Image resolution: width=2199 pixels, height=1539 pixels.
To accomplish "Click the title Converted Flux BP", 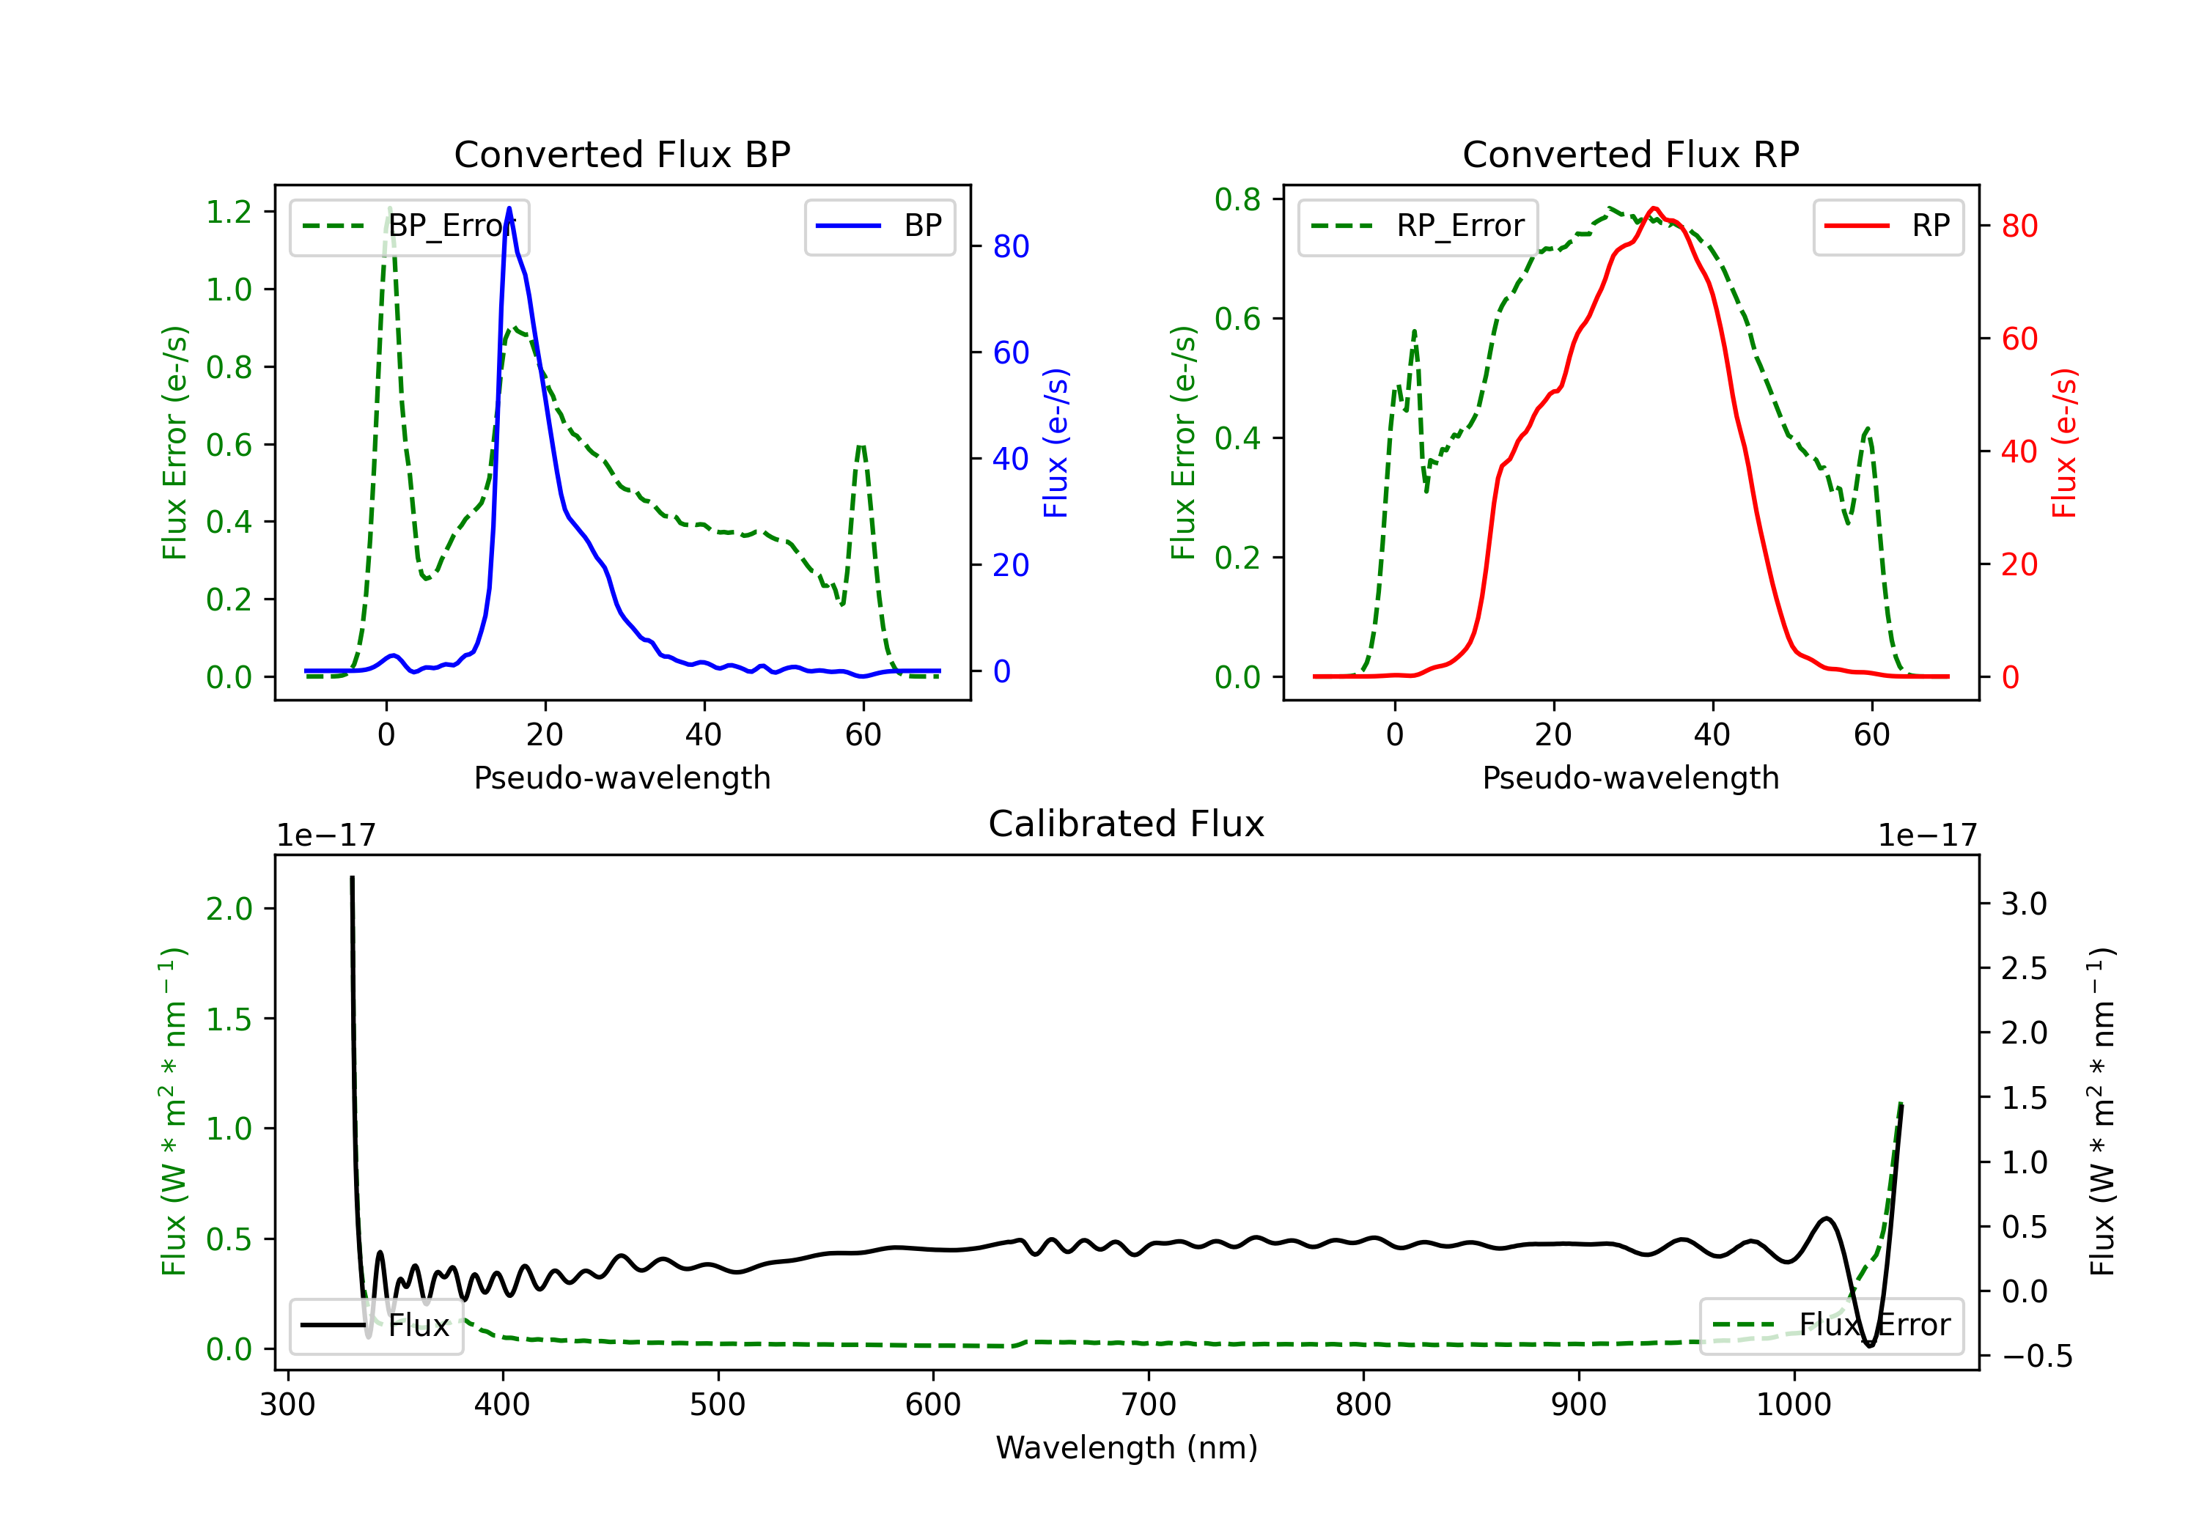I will point(622,154).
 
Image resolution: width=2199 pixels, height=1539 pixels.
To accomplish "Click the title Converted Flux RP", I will point(1630,154).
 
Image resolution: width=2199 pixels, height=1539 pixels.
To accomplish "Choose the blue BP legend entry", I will point(879,226).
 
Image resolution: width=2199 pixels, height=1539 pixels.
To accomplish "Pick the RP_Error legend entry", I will point(1418,226).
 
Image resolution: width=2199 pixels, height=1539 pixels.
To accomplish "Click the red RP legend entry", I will point(1887,226).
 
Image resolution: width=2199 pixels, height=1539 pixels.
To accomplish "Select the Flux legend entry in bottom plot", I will point(377,1326).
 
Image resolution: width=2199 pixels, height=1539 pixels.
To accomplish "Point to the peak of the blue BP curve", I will point(509,208).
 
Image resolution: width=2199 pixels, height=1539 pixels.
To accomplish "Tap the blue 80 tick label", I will point(1010,247).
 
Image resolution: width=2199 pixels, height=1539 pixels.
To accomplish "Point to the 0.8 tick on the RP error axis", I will point(1237,199).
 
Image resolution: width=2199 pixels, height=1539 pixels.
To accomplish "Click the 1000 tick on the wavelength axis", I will point(1793,1405).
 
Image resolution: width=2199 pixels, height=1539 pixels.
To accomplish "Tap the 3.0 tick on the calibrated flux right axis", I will point(2023,904).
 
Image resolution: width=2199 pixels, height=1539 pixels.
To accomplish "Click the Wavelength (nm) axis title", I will point(1127,1448).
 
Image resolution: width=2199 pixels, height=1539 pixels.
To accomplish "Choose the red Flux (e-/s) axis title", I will point(2065,443).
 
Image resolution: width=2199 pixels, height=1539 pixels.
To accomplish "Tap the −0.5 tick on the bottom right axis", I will point(2036,1356).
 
